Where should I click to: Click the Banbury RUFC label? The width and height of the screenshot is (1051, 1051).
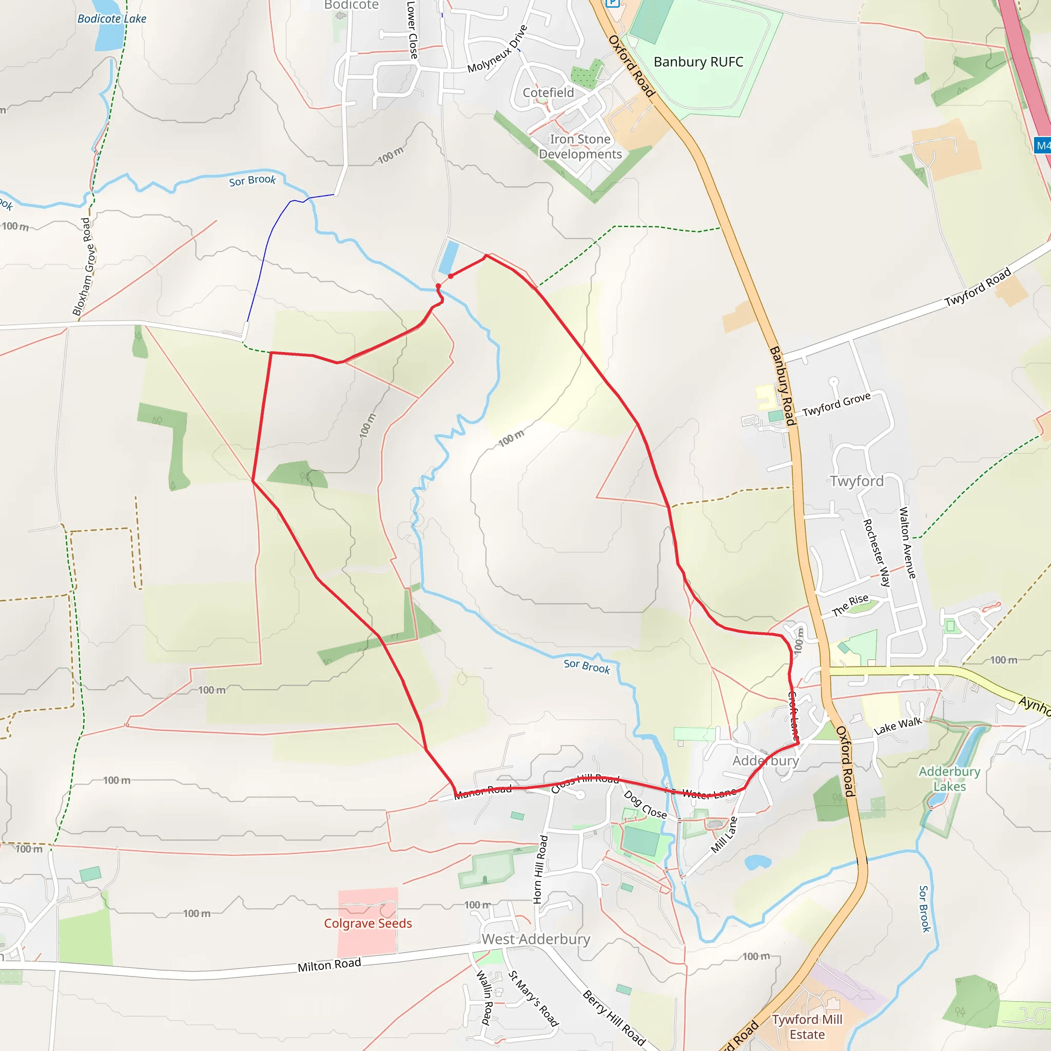point(698,62)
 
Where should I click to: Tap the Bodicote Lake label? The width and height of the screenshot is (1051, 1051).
point(111,18)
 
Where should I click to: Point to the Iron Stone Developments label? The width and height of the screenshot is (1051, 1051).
point(580,147)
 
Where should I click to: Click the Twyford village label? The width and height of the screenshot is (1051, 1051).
point(857,481)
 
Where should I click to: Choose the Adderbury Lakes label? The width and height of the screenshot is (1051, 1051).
point(949,778)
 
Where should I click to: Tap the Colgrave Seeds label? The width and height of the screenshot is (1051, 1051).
point(368,923)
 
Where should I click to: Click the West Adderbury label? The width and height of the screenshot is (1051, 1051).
point(535,939)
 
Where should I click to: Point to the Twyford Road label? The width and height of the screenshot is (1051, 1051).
point(978,287)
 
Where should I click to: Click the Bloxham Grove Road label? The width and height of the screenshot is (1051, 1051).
point(82,266)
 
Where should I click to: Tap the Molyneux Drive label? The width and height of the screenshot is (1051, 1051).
point(497,49)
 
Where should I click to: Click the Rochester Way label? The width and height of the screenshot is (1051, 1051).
point(877,552)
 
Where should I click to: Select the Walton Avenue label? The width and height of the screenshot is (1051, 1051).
point(907,542)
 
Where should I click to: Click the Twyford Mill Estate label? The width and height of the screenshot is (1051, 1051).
point(807,1026)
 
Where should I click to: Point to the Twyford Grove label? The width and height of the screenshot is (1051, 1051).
point(836,404)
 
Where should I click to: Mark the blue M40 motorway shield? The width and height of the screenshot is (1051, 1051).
point(1042,145)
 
